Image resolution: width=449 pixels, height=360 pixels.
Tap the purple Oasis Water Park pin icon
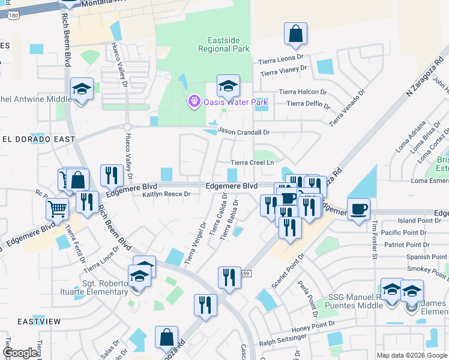pyautogui.click(x=194, y=102)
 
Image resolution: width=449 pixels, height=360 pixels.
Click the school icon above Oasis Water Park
pyautogui.click(x=228, y=87)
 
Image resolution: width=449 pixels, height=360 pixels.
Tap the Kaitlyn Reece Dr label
pyautogui.click(x=166, y=194)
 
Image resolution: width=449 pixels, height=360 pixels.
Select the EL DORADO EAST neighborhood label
pyautogui.click(x=38, y=139)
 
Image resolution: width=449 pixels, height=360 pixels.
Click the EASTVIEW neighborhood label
pyautogui.click(x=39, y=322)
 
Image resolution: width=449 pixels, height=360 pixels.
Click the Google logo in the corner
pyautogui.click(x=20, y=353)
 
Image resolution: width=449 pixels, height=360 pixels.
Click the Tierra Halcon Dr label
pyautogui.click(x=303, y=92)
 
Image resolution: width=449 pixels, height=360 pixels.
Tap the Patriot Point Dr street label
pyautogui.click(x=413, y=245)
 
